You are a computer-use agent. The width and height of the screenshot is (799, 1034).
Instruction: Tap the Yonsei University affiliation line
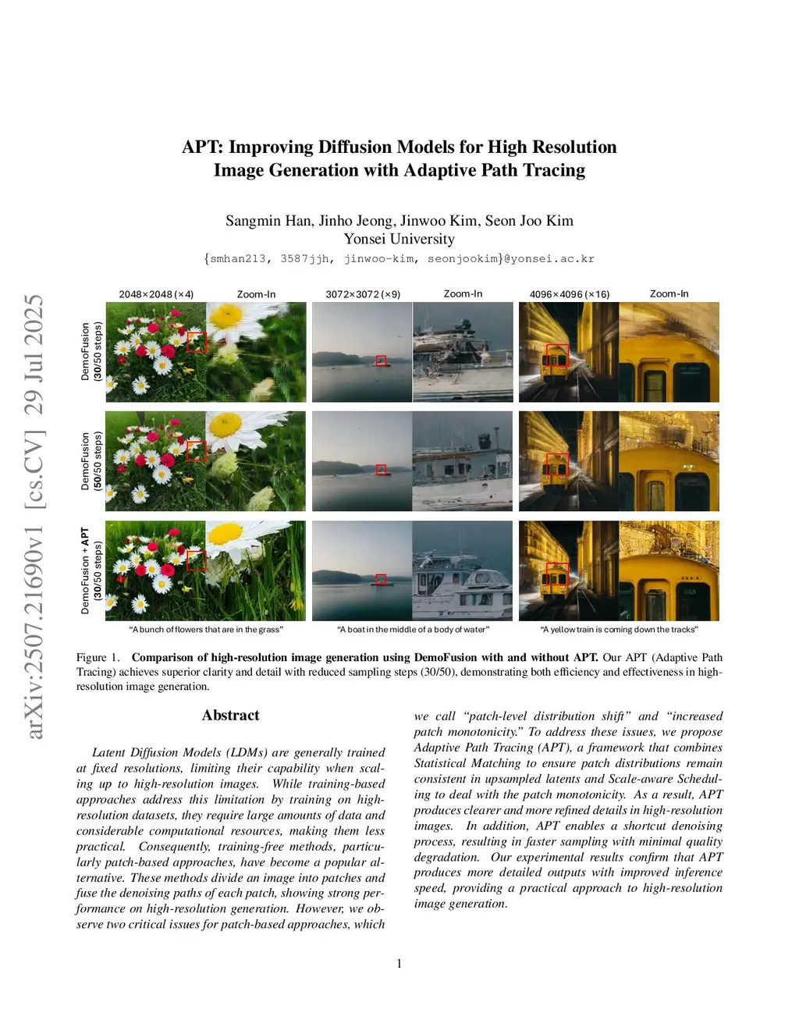click(399, 239)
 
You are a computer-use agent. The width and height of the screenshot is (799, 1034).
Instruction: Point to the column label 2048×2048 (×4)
click(156, 294)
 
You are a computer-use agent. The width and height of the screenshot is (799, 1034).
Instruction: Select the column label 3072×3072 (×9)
click(363, 294)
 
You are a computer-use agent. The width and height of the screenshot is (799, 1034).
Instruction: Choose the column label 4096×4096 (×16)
click(570, 294)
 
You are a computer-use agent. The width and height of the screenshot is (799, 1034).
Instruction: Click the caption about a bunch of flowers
click(206, 630)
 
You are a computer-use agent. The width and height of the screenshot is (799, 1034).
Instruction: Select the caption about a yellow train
click(619, 630)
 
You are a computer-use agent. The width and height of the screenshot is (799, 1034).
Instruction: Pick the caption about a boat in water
click(413, 630)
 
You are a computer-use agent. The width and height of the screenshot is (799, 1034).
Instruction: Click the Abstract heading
click(230, 716)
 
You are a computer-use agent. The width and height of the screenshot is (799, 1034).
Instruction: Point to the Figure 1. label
click(98, 658)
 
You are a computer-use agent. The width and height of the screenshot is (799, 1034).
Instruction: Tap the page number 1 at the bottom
click(399, 964)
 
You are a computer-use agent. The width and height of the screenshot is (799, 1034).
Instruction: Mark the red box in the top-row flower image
click(196, 342)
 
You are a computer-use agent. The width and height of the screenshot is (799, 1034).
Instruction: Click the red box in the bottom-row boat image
click(381, 579)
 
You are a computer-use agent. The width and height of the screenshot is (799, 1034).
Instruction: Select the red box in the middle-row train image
click(556, 464)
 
